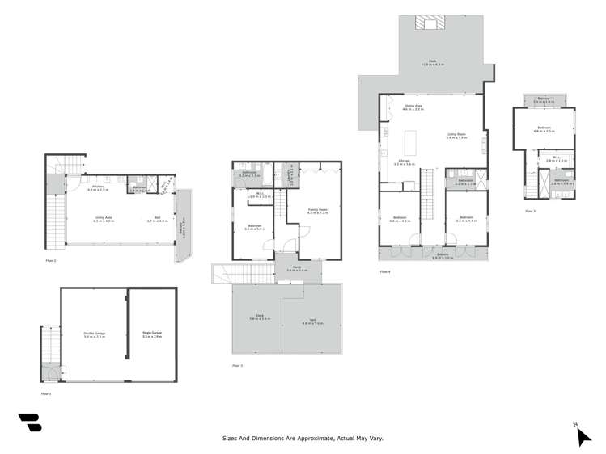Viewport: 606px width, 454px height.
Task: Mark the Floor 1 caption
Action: [46, 393]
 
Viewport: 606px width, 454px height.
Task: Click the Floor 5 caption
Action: [531, 211]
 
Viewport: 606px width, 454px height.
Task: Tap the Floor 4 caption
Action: [384, 271]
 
